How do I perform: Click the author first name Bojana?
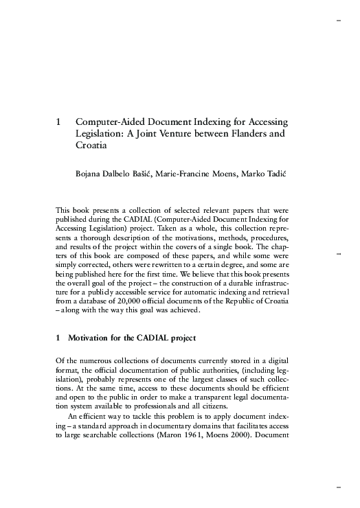pos(90,174)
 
